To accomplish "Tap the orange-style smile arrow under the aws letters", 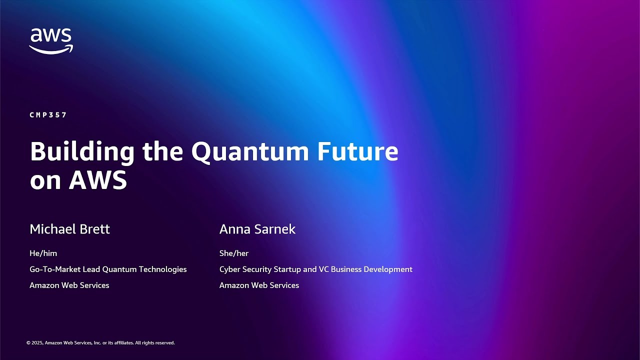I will (x=51, y=49).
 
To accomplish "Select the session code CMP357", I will (x=48, y=115).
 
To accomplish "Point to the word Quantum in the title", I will (x=250, y=152).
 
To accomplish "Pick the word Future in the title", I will (x=357, y=152).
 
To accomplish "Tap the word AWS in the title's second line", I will (x=98, y=180).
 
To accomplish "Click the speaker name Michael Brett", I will (x=69, y=229).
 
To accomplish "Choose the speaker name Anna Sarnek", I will (x=257, y=229).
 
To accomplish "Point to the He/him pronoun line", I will (x=43, y=253).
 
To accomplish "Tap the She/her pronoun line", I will (x=233, y=253).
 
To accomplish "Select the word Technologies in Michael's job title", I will (x=162, y=269).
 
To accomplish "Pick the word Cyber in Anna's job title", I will (x=229, y=269).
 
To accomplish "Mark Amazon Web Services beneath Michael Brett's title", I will (x=69, y=285).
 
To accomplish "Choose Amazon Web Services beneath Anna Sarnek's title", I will (x=259, y=285).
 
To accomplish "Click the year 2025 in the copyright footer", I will (x=37, y=343).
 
